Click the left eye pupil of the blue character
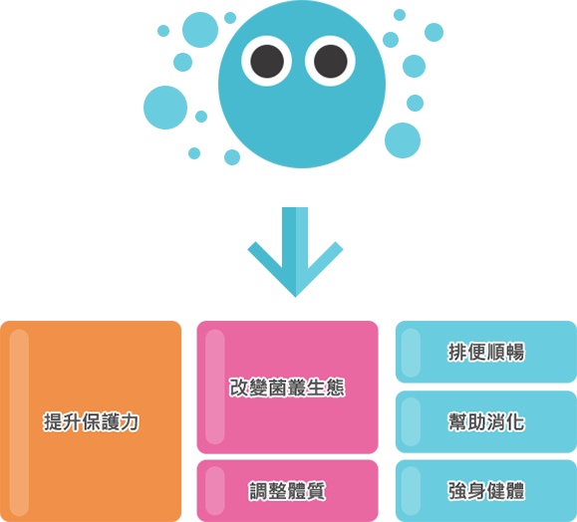(267, 61)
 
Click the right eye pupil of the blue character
(331, 61)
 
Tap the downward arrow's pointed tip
(295, 297)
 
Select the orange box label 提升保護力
(91, 421)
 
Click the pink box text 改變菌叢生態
(287, 388)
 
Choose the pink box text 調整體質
(287, 491)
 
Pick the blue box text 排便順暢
(486, 352)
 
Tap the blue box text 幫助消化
(486, 421)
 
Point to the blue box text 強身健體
(486, 491)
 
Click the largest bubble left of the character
(165, 108)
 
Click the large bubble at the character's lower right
(403, 140)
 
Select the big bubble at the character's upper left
(200, 30)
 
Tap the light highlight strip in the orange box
(19, 422)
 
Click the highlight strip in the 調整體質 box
(215, 491)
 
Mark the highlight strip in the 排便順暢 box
(411, 353)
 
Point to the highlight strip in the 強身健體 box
(411, 491)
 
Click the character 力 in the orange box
(130, 421)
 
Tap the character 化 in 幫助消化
(515, 421)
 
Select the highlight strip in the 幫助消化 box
(411, 421)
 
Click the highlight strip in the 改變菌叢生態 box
(215, 387)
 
